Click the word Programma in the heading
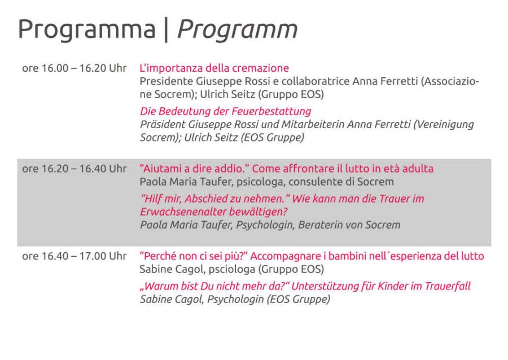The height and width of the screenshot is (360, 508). (87, 30)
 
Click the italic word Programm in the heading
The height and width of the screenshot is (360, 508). (238, 30)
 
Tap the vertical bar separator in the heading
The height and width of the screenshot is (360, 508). (166, 30)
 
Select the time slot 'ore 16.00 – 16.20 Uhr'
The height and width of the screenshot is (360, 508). (74, 68)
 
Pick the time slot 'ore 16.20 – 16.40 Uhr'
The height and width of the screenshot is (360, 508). (74, 169)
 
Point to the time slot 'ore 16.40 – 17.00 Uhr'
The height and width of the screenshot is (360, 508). (74, 256)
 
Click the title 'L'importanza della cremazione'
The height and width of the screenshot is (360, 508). (214, 68)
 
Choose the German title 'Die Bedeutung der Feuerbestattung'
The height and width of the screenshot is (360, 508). (225, 111)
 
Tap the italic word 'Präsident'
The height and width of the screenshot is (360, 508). (163, 124)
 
